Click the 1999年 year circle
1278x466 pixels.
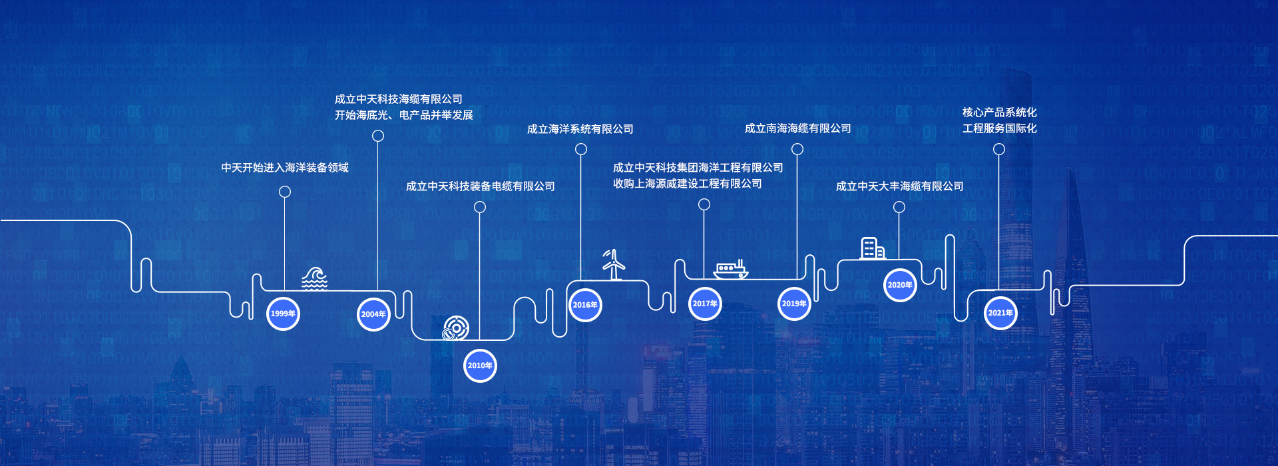(283, 314)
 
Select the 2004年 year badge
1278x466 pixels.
(373, 314)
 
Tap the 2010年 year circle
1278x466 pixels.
(480, 365)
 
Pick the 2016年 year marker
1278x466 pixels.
(585, 305)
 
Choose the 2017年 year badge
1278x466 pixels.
(705, 304)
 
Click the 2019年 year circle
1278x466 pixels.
(794, 304)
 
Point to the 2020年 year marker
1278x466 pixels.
(900, 285)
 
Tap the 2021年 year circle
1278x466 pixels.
(1000, 313)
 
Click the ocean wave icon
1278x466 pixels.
(314, 278)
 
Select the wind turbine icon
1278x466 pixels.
(614, 265)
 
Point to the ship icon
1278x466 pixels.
(730, 270)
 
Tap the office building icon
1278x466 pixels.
(872, 248)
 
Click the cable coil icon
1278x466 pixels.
(456, 328)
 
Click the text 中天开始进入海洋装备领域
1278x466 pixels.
(285, 168)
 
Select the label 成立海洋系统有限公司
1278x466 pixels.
(580, 129)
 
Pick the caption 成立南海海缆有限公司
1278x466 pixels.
(797, 128)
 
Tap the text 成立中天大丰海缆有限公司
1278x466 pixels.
(899, 186)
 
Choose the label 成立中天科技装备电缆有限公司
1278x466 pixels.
(480, 186)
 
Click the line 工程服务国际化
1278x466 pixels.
(999, 128)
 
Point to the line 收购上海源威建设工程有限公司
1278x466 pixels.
(687, 184)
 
